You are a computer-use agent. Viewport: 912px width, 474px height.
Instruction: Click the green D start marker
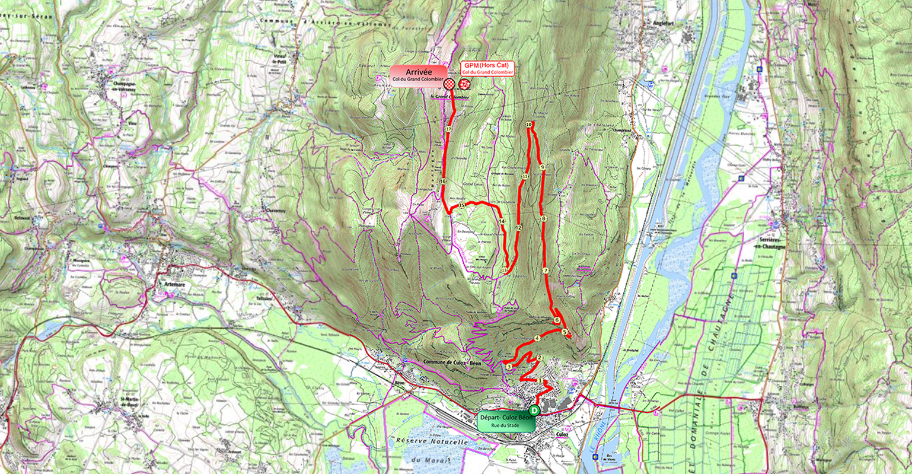534,410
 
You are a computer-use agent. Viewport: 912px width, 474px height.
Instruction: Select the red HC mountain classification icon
464,84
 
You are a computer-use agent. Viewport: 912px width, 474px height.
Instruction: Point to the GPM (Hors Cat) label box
487,68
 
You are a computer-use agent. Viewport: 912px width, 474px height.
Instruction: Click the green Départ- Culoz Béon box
506,421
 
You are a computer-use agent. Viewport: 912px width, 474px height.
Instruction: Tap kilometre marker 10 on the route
528,125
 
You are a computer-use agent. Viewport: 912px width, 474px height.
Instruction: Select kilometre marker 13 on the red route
504,271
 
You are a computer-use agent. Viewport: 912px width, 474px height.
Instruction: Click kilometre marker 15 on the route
461,206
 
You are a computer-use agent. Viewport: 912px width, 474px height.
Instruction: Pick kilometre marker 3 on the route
509,367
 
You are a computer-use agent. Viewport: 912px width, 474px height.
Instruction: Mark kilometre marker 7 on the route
545,271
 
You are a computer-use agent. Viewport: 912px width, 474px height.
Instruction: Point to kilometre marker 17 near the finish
448,129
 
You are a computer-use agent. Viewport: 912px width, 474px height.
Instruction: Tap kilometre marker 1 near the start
540,380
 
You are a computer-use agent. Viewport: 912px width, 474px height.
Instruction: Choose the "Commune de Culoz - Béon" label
452,362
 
